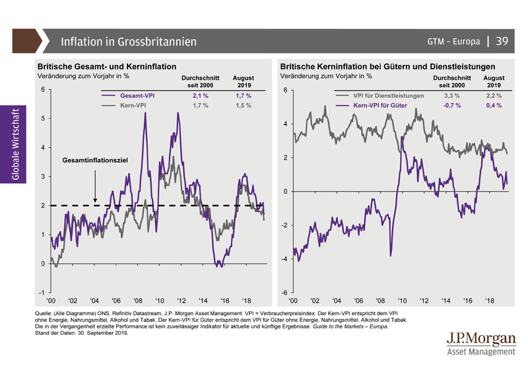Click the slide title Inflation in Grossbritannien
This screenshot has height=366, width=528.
129,42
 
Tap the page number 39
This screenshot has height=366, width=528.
502,41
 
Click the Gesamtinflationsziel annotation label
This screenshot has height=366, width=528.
95,161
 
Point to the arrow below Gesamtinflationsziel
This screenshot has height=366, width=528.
95,185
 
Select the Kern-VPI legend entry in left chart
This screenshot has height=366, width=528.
133,106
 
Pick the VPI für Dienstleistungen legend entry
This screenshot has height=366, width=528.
389,96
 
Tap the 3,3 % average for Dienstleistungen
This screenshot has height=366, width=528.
452,96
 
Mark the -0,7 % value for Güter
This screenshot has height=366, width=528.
452,106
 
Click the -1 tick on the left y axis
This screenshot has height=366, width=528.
42,293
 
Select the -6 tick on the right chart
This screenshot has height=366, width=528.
284,293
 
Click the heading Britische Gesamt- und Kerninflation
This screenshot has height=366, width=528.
106,67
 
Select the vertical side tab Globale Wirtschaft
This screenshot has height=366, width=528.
15,143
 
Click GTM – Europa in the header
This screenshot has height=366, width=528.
453,42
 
